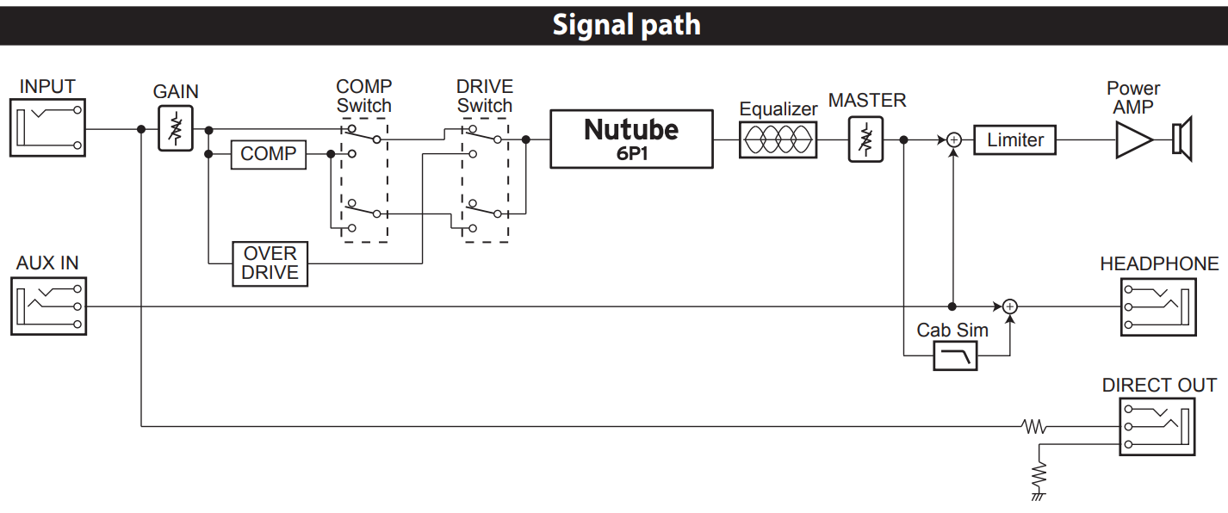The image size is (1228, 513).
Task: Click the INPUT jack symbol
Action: [x=47, y=127]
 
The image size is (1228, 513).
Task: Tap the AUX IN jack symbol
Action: [x=49, y=306]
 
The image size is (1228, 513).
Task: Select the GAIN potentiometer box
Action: [x=176, y=128]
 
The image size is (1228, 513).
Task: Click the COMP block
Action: [x=268, y=155]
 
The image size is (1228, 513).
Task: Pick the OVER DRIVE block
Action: [x=270, y=263]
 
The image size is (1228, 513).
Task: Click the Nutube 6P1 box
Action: [x=631, y=139]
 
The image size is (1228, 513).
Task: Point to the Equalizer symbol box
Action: [x=778, y=139]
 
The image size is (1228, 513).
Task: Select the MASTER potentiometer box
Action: [x=865, y=139]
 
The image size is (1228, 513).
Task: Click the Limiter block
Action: [x=1014, y=139]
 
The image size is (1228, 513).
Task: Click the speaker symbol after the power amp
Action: [x=1182, y=139]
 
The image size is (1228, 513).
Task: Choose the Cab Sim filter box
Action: [x=955, y=356]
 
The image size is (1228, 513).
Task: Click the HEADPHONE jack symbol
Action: [x=1158, y=307]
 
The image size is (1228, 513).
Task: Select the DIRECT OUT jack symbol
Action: [x=1157, y=427]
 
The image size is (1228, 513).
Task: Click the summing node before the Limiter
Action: [x=954, y=139]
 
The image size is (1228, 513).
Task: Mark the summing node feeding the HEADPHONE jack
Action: [x=1010, y=306]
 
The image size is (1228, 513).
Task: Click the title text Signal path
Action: [x=627, y=25]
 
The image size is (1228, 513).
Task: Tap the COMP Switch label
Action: [x=364, y=96]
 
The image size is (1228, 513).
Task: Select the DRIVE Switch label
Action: [x=485, y=96]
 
